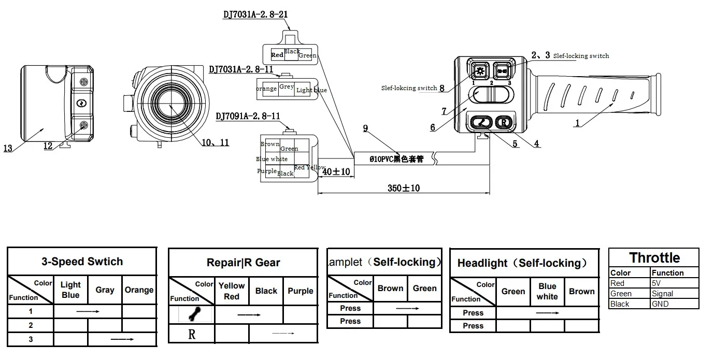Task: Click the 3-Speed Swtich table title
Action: click(x=82, y=262)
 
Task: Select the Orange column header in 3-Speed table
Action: click(x=139, y=290)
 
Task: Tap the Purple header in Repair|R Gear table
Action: click(x=301, y=291)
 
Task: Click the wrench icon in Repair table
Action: click(x=192, y=314)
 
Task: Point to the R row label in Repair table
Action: click(x=192, y=334)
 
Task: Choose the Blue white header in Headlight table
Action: click(x=547, y=291)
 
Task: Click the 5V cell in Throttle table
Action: click(x=674, y=283)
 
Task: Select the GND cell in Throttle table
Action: click(x=674, y=304)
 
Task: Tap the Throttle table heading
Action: click(x=654, y=258)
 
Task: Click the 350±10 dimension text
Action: click(x=404, y=188)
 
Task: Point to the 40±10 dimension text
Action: click(x=336, y=171)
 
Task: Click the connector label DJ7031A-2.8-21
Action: click(x=255, y=15)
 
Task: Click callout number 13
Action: click(x=8, y=149)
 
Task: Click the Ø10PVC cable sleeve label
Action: click(x=396, y=159)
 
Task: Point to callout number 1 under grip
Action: click(x=577, y=124)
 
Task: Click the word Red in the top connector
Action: click(x=277, y=55)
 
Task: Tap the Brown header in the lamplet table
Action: click(x=390, y=289)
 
